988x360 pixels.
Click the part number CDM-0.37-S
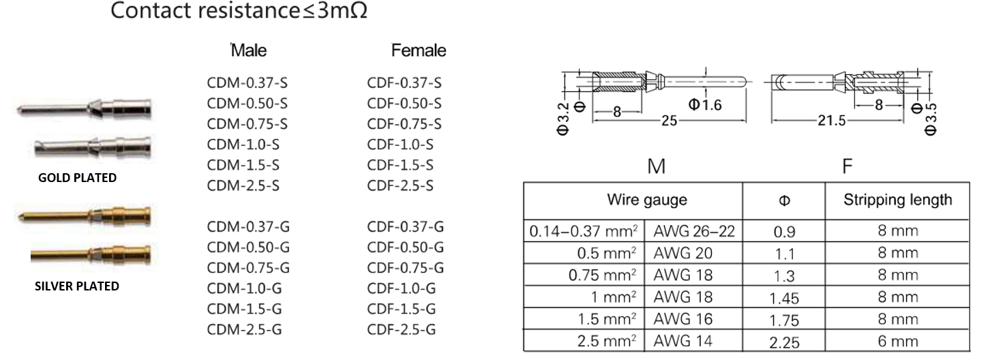pyautogui.click(x=247, y=83)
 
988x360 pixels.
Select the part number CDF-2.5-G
pyautogui.click(x=402, y=329)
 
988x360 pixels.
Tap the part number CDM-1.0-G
pyautogui.click(x=244, y=288)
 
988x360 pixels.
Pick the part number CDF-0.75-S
pyautogui.click(x=404, y=124)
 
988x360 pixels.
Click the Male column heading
pyautogui.click(x=249, y=50)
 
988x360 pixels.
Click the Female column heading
pyautogui.click(x=419, y=50)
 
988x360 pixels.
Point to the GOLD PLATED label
pyautogui.click(x=77, y=178)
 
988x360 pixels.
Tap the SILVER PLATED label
pyautogui.click(x=77, y=286)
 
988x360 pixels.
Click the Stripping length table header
pyautogui.click(x=897, y=200)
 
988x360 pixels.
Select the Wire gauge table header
pyautogui.click(x=647, y=200)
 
